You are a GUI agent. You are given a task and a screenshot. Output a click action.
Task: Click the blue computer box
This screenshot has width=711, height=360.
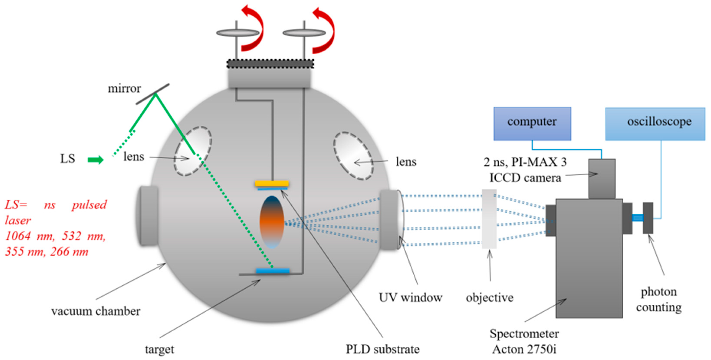[532, 124]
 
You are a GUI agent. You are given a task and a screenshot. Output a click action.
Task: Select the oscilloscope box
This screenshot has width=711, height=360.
[655, 124]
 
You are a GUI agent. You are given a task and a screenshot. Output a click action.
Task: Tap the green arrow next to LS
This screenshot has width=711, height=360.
[95, 159]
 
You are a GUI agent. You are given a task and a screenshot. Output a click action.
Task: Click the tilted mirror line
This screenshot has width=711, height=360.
[153, 94]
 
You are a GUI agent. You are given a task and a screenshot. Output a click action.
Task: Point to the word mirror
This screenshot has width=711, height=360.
[124, 89]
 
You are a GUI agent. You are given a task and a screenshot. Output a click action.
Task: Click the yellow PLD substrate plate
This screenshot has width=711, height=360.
[272, 183]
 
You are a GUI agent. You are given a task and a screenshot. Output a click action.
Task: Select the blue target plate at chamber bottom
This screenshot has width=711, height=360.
[273, 271]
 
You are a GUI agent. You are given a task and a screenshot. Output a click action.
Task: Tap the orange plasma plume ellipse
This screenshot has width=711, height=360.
[272, 222]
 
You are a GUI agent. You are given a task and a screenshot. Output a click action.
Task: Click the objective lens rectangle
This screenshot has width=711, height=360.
[489, 219]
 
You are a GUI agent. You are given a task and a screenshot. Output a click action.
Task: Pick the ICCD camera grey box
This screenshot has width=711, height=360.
[602, 179]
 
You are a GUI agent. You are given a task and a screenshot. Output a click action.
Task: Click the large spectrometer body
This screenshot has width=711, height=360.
[589, 258]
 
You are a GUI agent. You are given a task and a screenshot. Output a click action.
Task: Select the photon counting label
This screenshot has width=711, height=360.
[659, 299]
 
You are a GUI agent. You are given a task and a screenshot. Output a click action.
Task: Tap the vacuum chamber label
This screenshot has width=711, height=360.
[96, 311]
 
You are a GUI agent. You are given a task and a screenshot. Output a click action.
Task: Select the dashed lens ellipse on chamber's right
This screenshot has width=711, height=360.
[353, 156]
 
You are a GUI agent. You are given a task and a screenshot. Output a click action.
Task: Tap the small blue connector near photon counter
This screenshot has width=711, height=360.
[638, 218]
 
